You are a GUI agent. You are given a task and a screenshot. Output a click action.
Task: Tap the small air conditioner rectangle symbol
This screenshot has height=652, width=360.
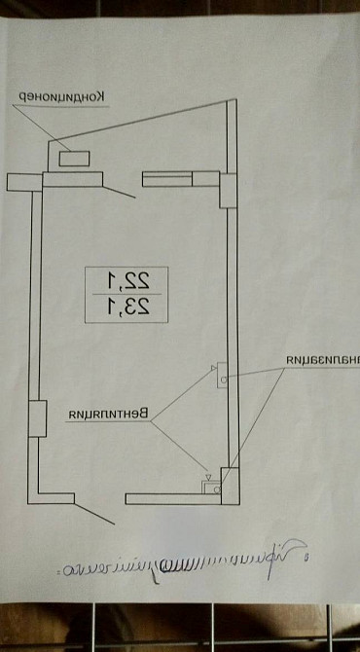(73, 156)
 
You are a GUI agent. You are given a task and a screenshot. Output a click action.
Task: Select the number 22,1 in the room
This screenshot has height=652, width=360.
(127, 282)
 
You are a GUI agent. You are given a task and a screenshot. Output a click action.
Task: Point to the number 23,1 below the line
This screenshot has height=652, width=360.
(127, 311)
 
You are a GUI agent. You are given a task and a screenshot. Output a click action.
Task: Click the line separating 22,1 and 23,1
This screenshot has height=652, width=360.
(127, 297)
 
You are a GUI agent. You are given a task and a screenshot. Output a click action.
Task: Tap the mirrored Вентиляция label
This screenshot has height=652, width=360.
(106, 416)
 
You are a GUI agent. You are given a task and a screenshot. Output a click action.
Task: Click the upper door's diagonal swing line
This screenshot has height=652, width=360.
(119, 190)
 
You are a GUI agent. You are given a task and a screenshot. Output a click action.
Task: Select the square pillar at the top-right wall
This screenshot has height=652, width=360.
(227, 189)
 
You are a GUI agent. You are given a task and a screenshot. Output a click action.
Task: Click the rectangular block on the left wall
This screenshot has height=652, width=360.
(38, 418)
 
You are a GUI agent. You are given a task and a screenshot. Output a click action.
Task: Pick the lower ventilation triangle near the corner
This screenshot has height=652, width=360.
(205, 479)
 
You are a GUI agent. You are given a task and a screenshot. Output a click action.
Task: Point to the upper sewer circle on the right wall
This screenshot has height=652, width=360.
(223, 379)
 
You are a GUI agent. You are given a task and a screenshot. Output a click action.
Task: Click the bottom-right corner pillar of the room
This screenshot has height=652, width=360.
(229, 483)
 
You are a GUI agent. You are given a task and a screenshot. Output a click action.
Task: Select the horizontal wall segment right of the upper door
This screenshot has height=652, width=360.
(181, 178)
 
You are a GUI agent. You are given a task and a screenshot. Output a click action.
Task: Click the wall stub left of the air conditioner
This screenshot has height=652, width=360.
(22, 181)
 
